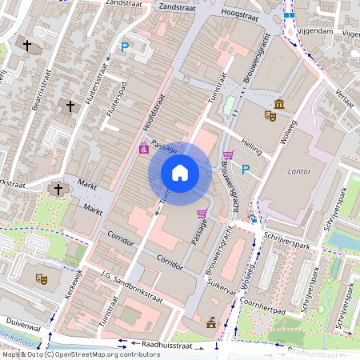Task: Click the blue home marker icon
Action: pos(180,173)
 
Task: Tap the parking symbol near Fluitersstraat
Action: pos(125,48)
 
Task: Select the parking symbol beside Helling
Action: pos(246,169)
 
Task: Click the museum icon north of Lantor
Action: pos(278,104)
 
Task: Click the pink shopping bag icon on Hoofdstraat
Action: pos(144,148)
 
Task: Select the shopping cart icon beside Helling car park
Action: pos(229,154)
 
